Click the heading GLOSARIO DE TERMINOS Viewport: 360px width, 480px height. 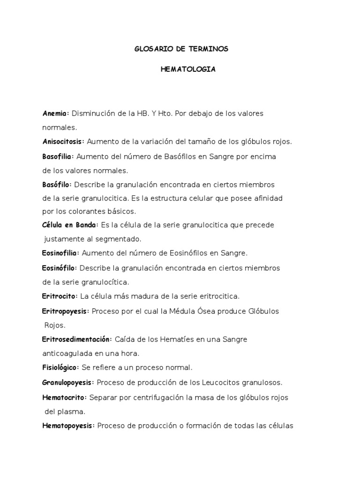[x=181, y=49]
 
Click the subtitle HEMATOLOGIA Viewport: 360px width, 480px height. [x=188, y=69]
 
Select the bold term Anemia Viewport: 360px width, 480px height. [x=55, y=113]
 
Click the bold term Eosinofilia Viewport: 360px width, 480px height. [x=61, y=253]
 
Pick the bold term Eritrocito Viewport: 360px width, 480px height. [x=60, y=296]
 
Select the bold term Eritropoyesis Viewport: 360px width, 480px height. [x=65, y=311]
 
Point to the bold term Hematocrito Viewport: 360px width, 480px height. [x=64, y=397]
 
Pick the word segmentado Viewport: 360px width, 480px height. [x=114, y=239]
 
